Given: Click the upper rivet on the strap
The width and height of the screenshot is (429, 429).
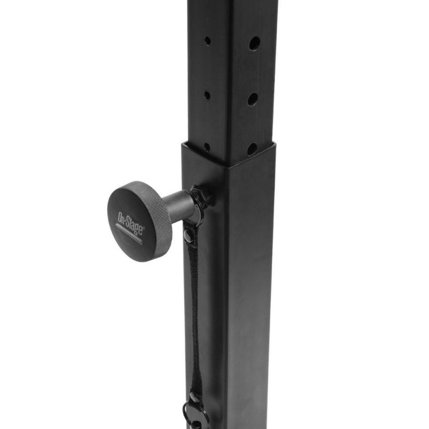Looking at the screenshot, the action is (x=188, y=235).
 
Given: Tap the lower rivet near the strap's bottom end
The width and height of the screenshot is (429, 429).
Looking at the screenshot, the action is (x=194, y=397).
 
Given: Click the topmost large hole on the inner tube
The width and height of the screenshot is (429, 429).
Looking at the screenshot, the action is (x=254, y=43).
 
